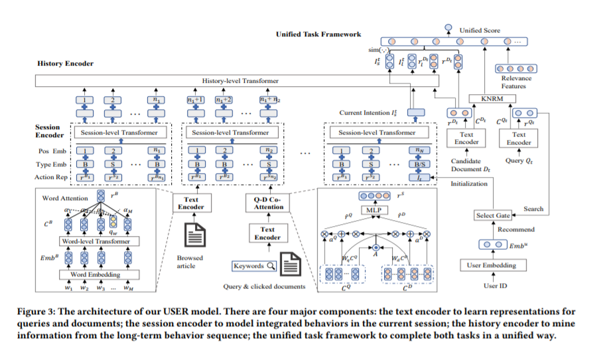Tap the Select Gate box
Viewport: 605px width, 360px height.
(492, 215)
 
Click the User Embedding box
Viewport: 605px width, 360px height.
(492, 265)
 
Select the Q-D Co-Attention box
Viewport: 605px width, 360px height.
(269, 202)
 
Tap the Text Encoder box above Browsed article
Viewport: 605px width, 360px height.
(190, 203)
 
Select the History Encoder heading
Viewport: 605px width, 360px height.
(66, 64)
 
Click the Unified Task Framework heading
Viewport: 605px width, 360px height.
(318, 34)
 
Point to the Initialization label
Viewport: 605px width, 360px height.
(468, 183)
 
